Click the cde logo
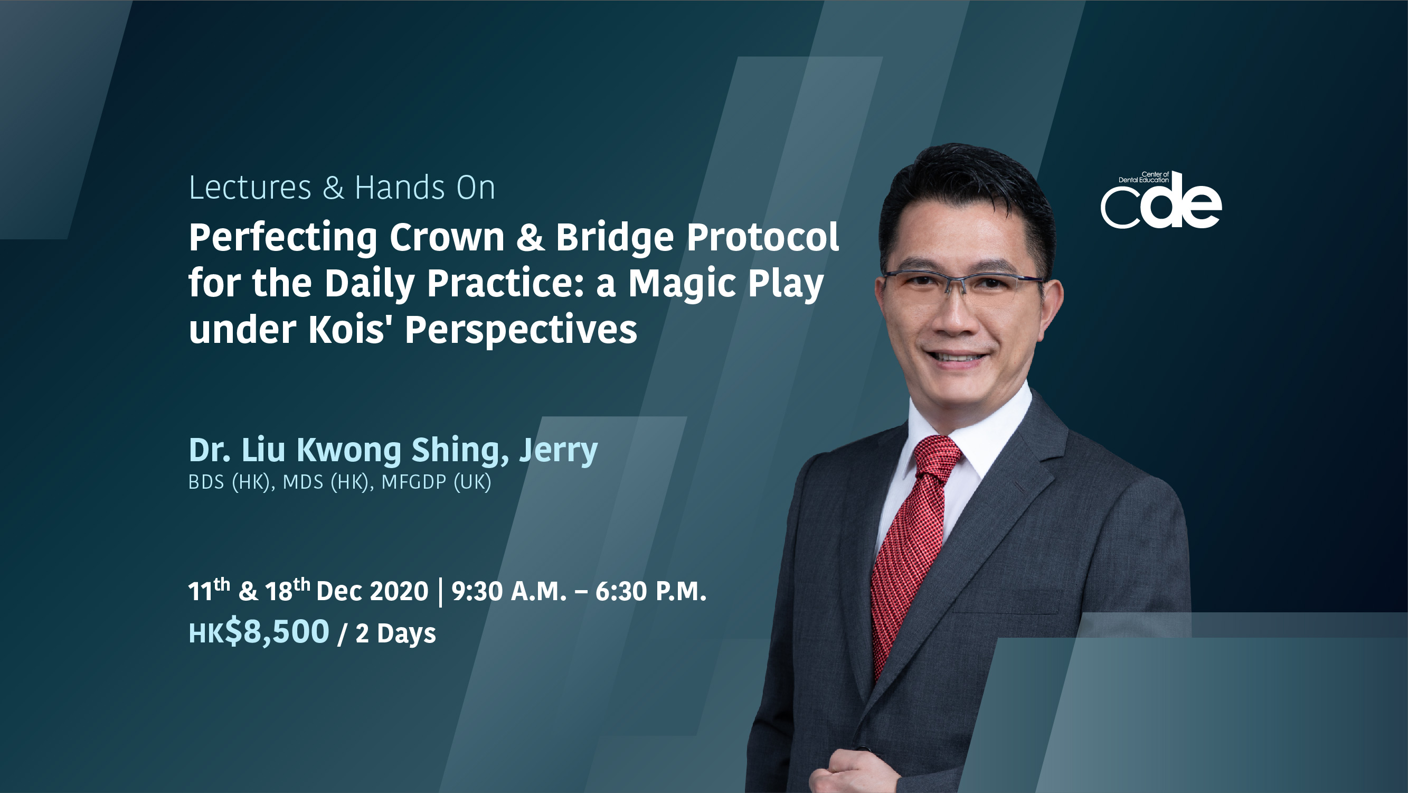pyautogui.click(x=1161, y=200)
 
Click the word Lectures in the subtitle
pyautogui.click(x=250, y=188)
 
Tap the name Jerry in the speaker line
pyautogui.click(x=558, y=451)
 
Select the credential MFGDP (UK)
pyautogui.click(x=436, y=482)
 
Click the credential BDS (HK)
pyautogui.click(x=231, y=482)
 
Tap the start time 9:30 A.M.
pyautogui.click(x=509, y=591)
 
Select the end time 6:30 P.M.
pyautogui.click(x=650, y=591)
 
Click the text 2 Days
pyautogui.click(x=396, y=634)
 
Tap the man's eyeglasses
pyautogui.click(x=963, y=285)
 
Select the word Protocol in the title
pyautogui.click(x=762, y=237)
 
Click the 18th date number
pyautogui.click(x=288, y=590)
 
